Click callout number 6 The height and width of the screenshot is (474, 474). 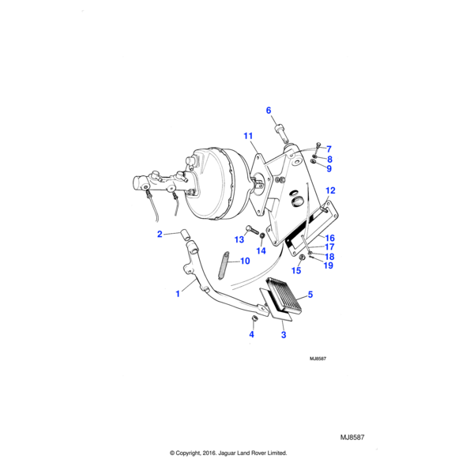coord(268,110)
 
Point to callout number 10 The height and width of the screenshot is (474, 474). coord(244,261)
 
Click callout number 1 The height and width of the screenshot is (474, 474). coord(178,293)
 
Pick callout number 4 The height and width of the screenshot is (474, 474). coord(252,334)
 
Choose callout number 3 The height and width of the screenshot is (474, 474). coord(284,335)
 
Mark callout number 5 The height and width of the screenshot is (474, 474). coord(310,295)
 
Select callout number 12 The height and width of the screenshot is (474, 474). coord(330,190)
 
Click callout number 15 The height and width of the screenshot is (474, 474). coord(296,270)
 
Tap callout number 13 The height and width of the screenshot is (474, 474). coord(239,239)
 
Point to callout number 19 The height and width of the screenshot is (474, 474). coord(329,265)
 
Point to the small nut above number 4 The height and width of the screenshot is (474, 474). coord(255,319)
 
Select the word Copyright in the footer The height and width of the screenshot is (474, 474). coord(197,453)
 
